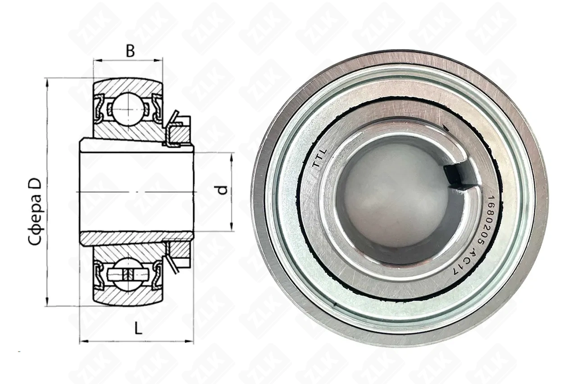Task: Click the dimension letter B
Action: pyautogui.click(x=130, y=51)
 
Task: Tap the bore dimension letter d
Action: pyautogui.click(x=223, y=190)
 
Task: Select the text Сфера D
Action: pyautogui.click(x=35, y=212)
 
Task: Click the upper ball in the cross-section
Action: pyautogui.click(x=128, y=109)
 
